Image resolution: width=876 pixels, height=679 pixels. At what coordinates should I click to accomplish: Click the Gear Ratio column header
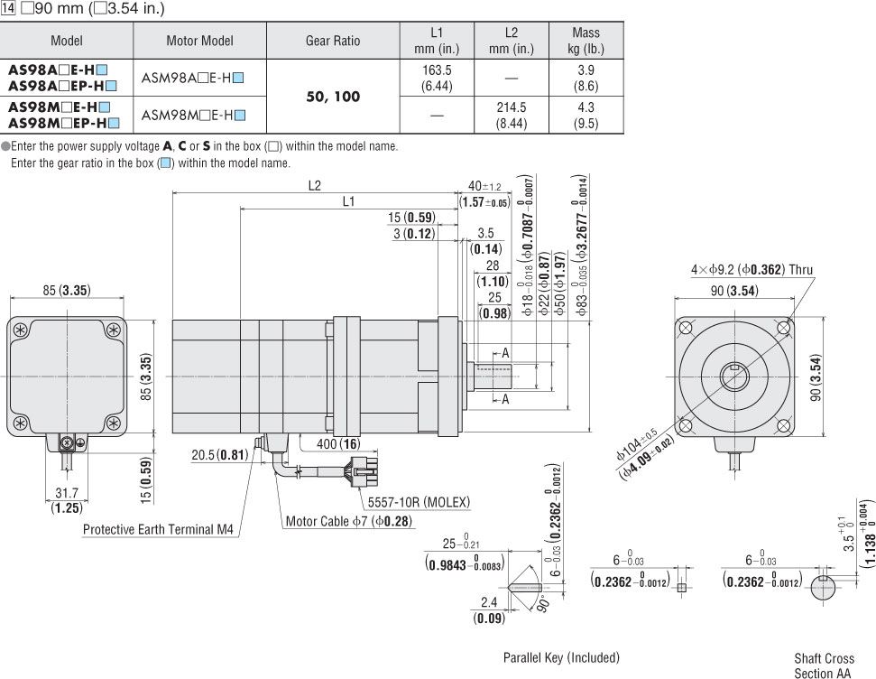tap(333, 41)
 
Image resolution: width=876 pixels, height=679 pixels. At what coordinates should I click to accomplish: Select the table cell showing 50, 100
tap(333, 97)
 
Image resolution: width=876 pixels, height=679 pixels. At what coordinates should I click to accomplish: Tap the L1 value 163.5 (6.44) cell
tap(438, 78)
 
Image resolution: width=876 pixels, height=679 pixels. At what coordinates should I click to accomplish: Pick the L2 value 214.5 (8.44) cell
tap(511, 115)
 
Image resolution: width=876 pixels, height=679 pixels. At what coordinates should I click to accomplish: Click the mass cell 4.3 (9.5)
tap(586, 115)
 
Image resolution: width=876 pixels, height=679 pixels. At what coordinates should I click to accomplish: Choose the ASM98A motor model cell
tap(193, 78)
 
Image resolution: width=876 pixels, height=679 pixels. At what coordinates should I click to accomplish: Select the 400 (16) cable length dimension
tap(339, 444)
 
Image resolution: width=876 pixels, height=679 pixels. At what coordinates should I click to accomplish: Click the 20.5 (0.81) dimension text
tap(219, 454)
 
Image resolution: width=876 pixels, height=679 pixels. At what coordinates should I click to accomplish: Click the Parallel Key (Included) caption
tap(561, 657)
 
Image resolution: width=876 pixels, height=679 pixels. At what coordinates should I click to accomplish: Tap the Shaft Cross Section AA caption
tap(821, 666)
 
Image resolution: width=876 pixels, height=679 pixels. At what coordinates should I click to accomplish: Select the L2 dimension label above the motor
tap(314, 185)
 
